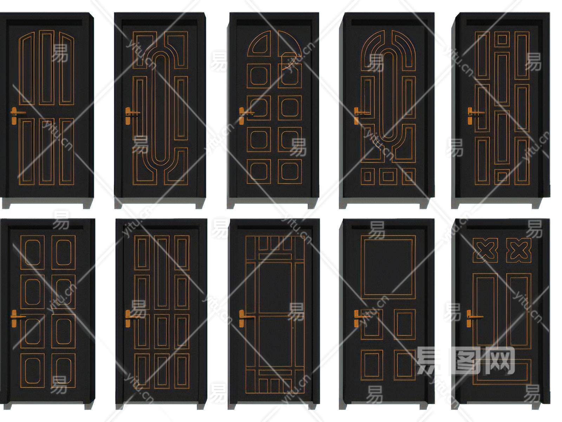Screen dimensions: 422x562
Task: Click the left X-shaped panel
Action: click(486, 250)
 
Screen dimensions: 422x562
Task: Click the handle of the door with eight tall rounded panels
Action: click(15, 318)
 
